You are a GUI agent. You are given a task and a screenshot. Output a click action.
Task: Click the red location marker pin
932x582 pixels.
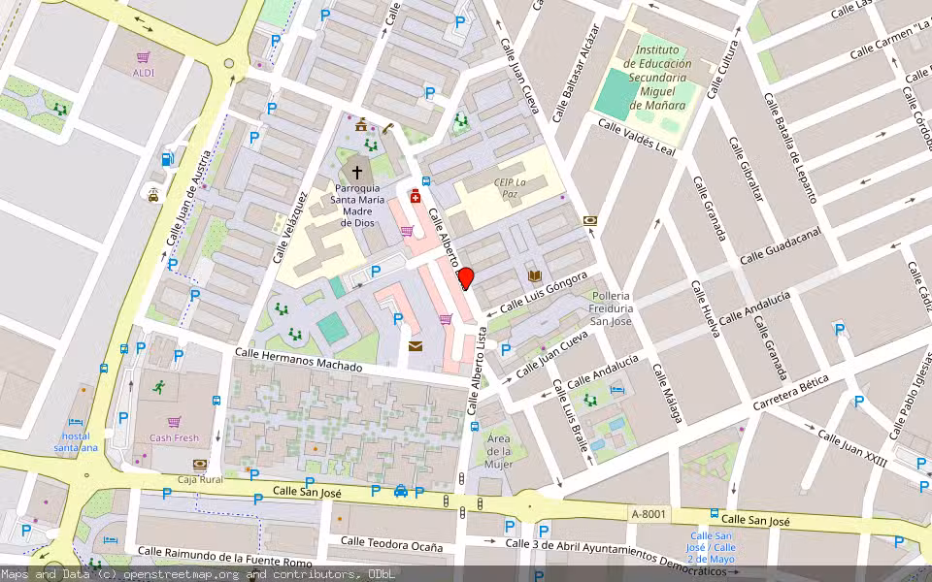(x=465, y=278)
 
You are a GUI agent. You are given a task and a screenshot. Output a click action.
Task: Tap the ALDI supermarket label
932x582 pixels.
(x=144, y=73)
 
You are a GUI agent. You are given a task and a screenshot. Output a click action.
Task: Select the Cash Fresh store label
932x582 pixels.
(x=174, y=437)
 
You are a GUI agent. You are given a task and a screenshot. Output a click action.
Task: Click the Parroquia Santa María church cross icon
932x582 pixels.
(x=357, y=172)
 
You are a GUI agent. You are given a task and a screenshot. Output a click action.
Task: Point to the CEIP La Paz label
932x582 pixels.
(x=510, y=188)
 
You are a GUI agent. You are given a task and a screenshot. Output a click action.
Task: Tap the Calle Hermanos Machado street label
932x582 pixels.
(x=299, y=360)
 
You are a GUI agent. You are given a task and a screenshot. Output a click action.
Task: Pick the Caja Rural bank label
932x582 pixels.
(x=200, y=479)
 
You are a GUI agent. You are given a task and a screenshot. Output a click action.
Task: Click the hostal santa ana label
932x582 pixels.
(x=76, y=441)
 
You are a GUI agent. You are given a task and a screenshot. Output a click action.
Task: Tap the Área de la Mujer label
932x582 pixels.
(x=498, y=451)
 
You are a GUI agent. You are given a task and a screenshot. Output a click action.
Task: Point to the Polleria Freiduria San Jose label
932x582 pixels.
(x=611, y=307)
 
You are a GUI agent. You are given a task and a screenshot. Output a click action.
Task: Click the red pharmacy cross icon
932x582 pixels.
(x=416, y=197)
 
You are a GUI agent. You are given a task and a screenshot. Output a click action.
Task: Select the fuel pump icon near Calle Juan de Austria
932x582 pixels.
(x=168, y=160)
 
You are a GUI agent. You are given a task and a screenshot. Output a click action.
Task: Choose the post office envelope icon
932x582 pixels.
(x=416, y=346)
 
